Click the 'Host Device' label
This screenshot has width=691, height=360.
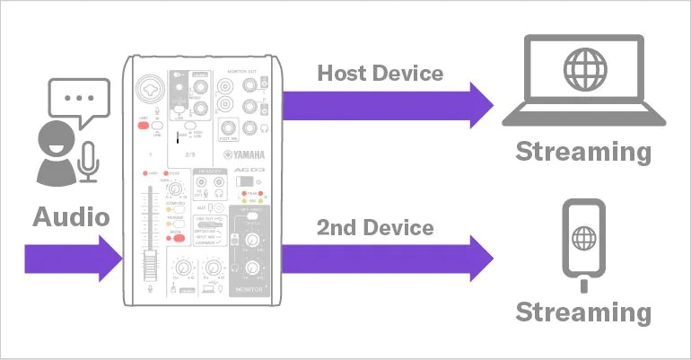tap(380, 72)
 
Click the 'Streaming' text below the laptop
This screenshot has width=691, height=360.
tap(582, 151)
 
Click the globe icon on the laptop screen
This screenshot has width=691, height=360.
tap(582, 71)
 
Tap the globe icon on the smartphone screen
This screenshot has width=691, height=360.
tap(583, 239)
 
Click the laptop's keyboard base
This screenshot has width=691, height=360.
tap(582, 118)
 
